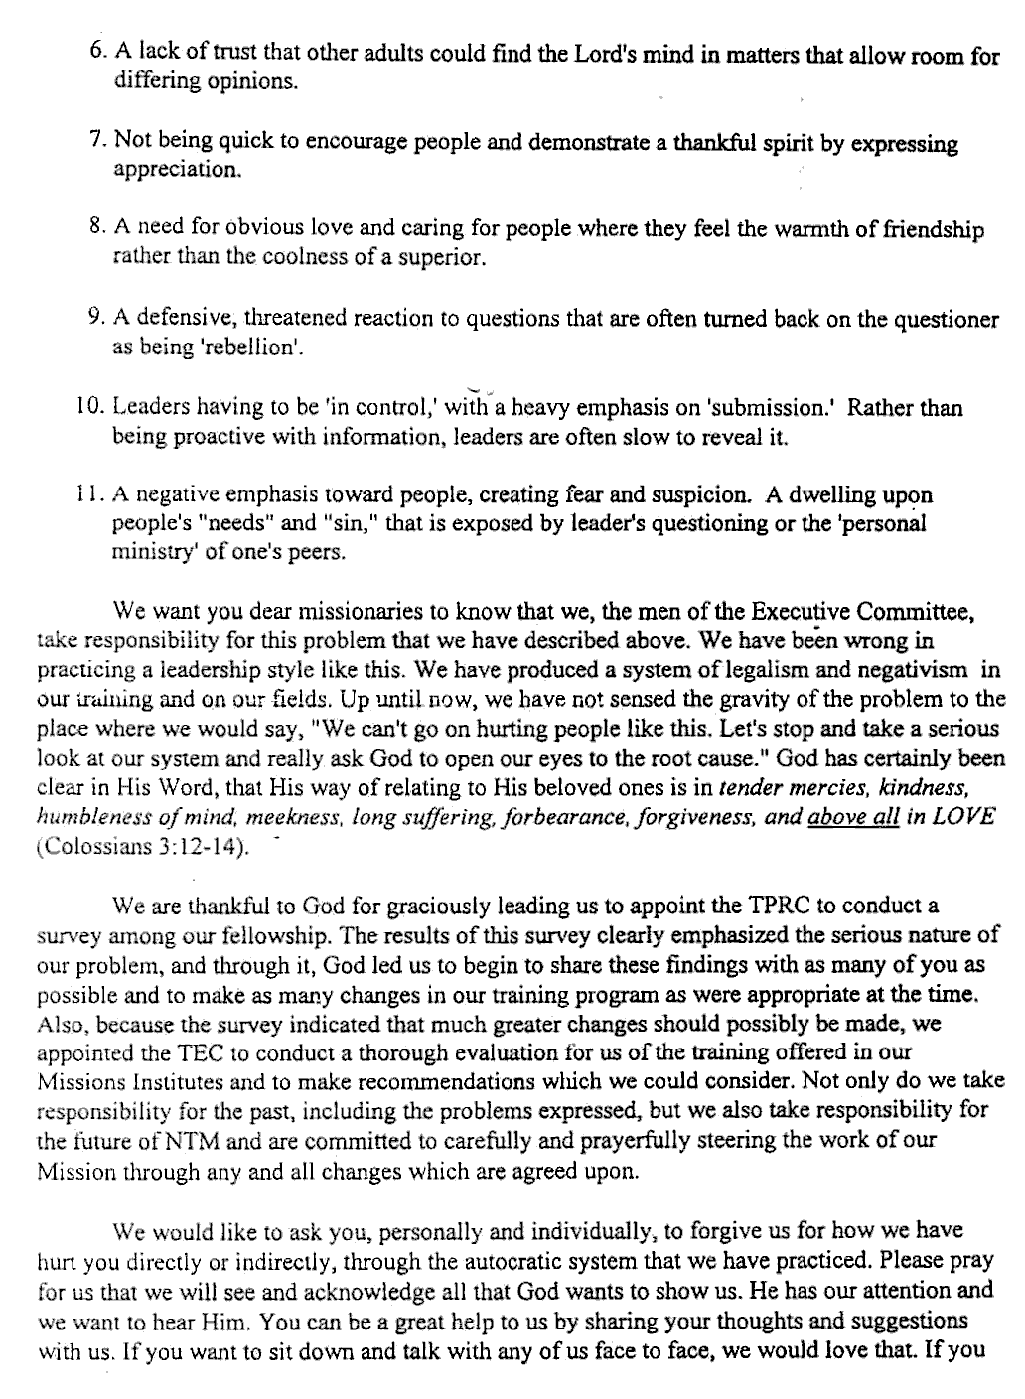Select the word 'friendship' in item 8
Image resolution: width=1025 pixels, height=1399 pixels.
pyautogui.click(x=930, y=231)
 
